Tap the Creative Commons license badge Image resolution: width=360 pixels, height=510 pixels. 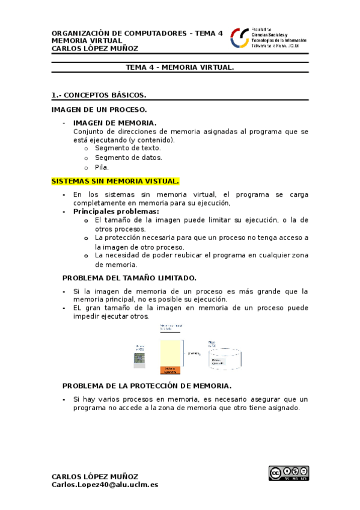point(288,473)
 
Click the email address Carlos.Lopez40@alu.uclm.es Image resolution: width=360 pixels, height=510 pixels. point(105,484)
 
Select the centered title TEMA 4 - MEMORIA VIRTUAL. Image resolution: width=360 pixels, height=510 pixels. point(180,68)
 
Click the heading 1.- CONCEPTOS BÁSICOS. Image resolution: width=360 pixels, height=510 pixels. point(99,95)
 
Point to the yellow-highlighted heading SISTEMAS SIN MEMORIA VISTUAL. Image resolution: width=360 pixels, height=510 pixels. point(115,181)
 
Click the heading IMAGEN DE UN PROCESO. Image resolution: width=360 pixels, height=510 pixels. point(99,109)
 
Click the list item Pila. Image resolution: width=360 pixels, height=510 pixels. point(102,168)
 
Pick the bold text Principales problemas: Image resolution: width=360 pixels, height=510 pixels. point(116,212)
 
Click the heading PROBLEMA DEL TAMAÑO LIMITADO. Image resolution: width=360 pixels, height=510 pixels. point(129,278)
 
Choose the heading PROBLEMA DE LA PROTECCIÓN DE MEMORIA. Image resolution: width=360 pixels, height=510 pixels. point(147,386)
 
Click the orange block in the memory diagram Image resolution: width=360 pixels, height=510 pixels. point(170,370)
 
